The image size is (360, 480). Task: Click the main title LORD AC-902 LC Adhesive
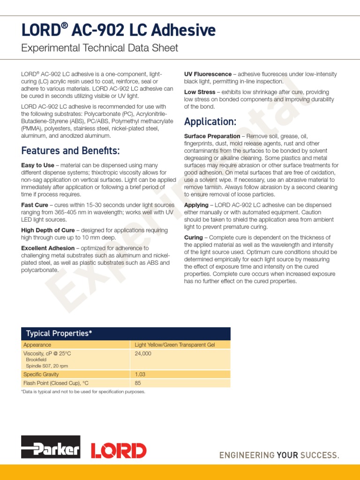click(x=118, y=30)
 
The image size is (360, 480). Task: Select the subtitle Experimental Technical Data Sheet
click(x=99, y=48)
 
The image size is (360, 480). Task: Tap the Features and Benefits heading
click(x=70, y=150)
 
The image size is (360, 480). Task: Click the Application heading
click(x=210, y=122)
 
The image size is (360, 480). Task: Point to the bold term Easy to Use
click(x=37, y=165)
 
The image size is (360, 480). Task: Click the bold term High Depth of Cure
click(x=47, y=230)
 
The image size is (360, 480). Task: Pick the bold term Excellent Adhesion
click(x=47, y=248)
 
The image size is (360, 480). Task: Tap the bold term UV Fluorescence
click(x=208, y=74)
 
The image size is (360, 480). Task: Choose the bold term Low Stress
click(x=200, y=92)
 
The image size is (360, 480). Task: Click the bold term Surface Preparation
click(x=212, y=136)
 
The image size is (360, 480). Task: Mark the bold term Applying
click(x=196, y=205)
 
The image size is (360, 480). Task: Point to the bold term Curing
click(x=193, y=238)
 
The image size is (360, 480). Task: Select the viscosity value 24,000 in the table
click(x=143, y=354)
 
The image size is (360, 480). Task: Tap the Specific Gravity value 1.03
click(x=140, y=374)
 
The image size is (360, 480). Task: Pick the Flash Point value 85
click(x=138, y=383)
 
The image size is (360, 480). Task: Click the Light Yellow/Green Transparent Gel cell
click(x=174, y=345)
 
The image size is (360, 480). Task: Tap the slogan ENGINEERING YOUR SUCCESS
click(x=279, y=455)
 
